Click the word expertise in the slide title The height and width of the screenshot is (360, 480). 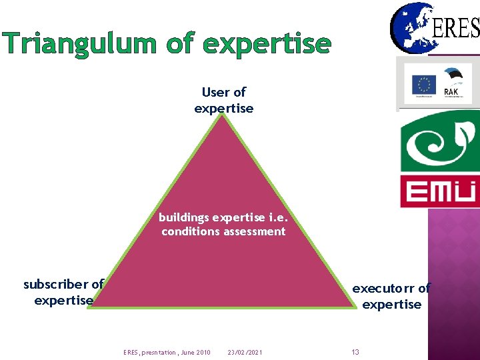(267, 45)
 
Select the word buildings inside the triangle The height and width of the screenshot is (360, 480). (183, 217)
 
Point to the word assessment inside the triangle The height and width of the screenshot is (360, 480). (255, 232)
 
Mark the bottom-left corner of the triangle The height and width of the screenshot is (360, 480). (93, 307)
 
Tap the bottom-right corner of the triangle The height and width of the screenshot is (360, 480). (356, 307)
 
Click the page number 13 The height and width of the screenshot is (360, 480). (355, 352)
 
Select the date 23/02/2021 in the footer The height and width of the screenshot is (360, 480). (245, 352)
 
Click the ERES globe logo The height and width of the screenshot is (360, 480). (411, 27)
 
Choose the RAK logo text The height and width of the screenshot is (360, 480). (451, 92)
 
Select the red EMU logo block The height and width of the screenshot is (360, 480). (439, 191)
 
